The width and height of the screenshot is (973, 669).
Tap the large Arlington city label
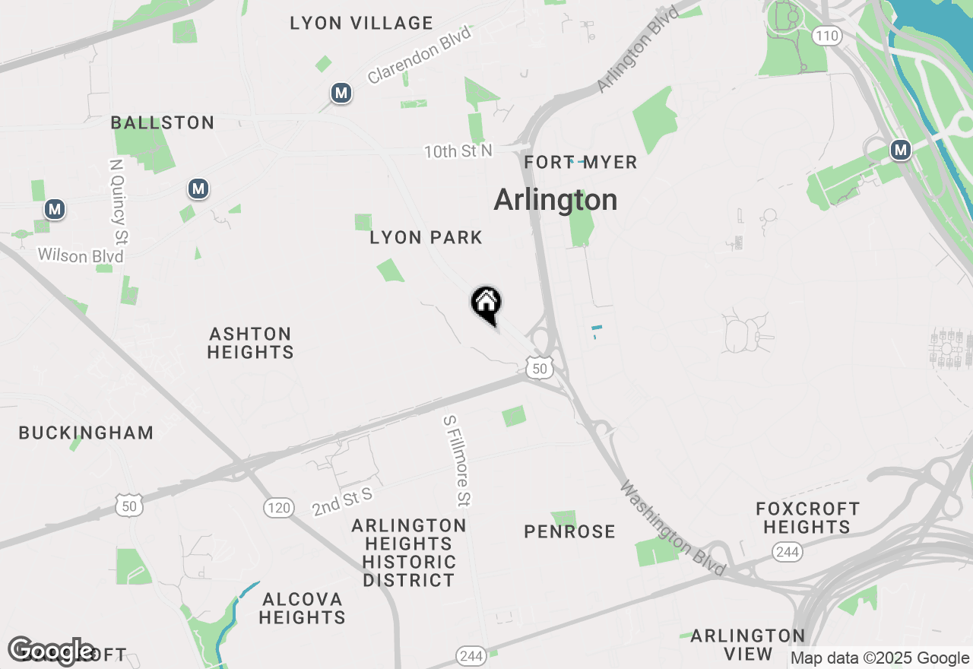tap(555, 200)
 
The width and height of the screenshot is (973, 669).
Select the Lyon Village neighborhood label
tap(361, 24)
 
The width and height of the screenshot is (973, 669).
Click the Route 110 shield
tap(826, 35)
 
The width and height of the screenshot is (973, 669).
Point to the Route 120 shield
tap(279, 507)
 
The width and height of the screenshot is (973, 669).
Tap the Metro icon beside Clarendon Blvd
tap(341, 94)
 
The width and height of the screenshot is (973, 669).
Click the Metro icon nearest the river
tap(901, 150)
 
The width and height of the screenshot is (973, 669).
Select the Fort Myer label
tap(581, 163)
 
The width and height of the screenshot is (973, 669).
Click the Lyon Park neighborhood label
tap(426, 238)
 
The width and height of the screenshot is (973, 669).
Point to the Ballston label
tap(163, 122)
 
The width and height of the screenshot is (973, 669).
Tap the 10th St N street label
tap(458, 151)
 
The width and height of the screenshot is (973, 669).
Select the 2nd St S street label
tap(342, 502)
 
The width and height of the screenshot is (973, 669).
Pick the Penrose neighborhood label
tap(569, 531)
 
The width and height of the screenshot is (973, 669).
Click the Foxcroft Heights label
tap(807, 518)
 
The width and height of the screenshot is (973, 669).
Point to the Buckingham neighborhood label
tap(86, 433)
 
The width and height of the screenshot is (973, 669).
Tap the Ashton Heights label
tap(250, 343)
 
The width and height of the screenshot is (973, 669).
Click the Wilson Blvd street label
tap(81, 255)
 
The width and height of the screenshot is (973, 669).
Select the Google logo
tap(52, 651)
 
